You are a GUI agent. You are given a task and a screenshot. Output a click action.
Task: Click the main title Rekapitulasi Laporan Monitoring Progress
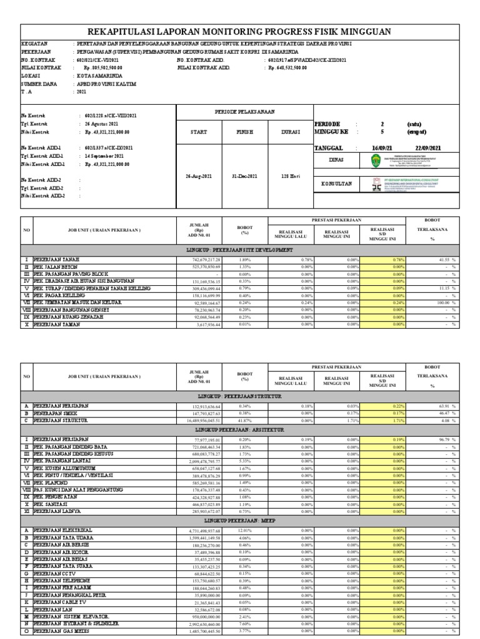point(240,32)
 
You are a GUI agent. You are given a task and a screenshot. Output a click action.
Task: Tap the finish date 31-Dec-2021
point(244,177)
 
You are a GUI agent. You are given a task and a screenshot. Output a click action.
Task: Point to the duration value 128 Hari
point(291,177)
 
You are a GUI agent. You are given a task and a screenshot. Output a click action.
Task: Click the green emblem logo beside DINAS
point(373,160)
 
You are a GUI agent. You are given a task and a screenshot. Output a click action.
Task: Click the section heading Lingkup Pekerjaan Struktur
point(240,396)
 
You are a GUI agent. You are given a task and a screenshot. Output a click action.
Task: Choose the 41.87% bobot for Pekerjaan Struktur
point(246,421)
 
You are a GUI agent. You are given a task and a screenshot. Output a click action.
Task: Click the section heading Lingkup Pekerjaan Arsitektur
point(240,430)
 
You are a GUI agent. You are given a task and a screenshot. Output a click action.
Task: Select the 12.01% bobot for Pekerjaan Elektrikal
point(246,530)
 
